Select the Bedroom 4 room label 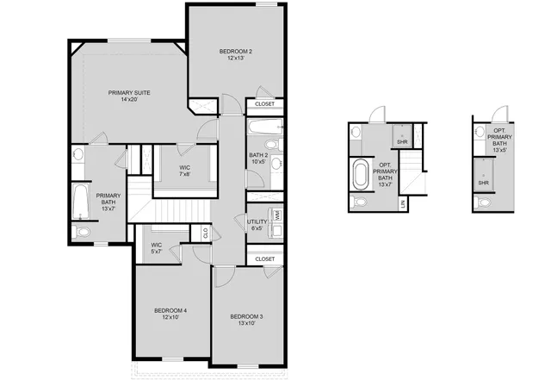(x=170, y=314)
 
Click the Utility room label (x=257, y=225)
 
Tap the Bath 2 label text (x=259, y=158)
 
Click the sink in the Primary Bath (x=79, y=156)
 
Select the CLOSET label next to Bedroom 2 (x=265, y=104)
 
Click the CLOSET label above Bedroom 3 (x=265, y=259)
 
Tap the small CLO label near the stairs (x=205, y=231)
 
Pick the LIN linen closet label (x=403, y=203)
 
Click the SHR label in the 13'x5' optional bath (x=483, y=183)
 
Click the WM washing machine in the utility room (x=277, y=215)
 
